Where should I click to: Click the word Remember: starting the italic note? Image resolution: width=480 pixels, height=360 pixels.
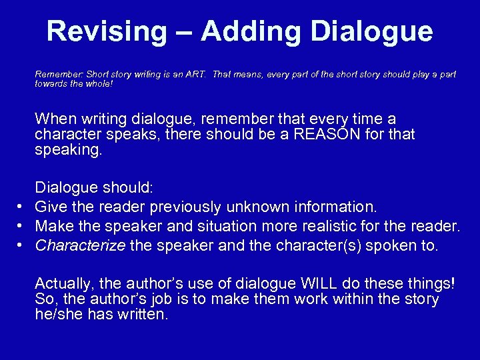click(x=57, y=75)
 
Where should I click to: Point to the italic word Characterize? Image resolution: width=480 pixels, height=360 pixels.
click(x=80, y=246)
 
